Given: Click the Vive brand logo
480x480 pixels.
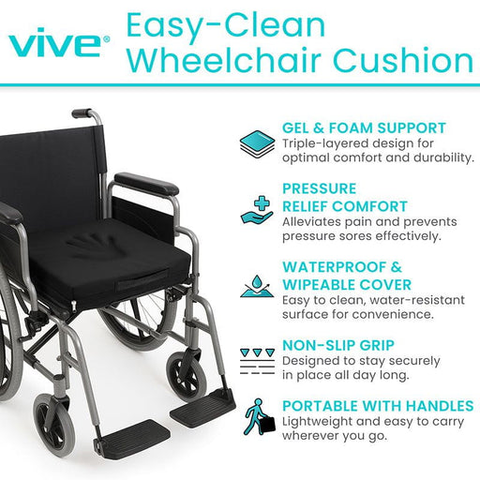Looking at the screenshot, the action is (59, 42).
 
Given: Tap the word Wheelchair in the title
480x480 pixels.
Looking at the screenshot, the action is (224, 59).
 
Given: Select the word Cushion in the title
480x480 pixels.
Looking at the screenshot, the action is (403, 59).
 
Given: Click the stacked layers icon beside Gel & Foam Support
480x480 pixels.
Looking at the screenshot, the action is (257, 144).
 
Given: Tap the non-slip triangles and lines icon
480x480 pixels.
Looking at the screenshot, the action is (257, 362).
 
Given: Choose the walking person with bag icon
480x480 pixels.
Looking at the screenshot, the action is (259, 417).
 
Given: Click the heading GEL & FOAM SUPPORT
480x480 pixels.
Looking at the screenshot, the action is (364, 128).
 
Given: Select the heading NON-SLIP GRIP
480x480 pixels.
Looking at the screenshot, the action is (338, 345).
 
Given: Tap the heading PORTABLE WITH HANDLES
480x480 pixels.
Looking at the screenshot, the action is (378, 406).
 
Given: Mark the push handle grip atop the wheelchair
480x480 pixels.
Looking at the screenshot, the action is (82, 112).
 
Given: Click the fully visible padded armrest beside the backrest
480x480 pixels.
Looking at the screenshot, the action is (146, 184).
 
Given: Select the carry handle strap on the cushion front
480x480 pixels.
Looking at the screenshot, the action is (143, 280).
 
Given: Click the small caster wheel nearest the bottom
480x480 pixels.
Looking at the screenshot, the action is (54, 420).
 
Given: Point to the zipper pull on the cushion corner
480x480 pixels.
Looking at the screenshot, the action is (73, 307).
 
